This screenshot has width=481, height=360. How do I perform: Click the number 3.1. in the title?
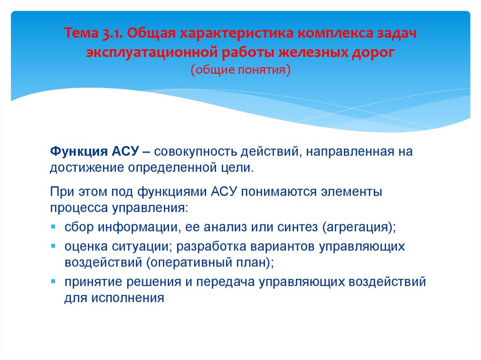109,34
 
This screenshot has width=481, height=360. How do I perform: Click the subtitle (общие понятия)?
240,69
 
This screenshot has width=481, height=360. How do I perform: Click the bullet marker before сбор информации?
53,227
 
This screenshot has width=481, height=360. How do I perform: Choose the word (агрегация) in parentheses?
359,227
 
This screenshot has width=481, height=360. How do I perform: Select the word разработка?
215,246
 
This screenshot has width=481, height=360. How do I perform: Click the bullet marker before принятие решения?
53,282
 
